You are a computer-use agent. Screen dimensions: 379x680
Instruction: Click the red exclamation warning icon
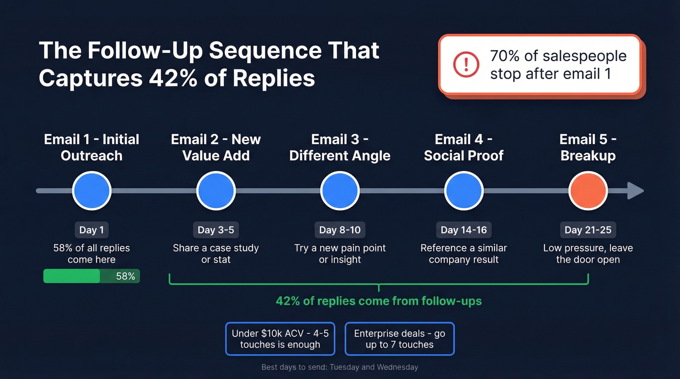pyautogui.click(x=466, y=65)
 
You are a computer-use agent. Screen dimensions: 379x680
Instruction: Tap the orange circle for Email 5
pyautogui.click(x=588, y=191)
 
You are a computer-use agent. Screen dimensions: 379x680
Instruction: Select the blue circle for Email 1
pyautogui.click(x=92, y=191)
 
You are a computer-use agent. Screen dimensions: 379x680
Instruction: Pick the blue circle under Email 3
pyautogui.click(x=340, y=191)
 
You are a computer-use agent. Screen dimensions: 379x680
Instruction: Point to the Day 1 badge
pyautogui.click(x=92, y=230)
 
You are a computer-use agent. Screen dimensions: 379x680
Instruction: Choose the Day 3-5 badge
pyautogui.click(x=216, y=230)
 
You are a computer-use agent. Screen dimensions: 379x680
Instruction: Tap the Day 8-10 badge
pyautogui.click(x=340, y=230)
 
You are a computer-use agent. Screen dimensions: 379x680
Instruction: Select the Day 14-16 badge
pyautogui.click(x=464, y=230)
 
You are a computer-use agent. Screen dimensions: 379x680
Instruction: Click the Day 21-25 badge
pyautogui.click(x=588, y=230)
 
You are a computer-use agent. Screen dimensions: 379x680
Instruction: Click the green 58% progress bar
pyautogui.click(x=92, y=276)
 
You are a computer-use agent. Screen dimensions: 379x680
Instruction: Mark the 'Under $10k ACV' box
pyautogui.click(x=280, y=339)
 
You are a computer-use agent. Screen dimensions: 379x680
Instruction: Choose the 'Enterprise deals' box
pyautogui.click(x=399, y=339)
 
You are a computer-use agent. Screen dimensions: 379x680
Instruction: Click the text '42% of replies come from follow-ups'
pyautogui.click(x=379, y=301)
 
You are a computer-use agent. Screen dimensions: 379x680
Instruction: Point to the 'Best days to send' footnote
pyautogui.click(x=340, y=367)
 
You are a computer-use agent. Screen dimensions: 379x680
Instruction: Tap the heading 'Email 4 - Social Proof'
pyautogui.click(x=464, y=148)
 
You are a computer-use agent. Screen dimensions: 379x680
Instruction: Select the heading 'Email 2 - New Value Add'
pyautogui.click(x=216, y=148)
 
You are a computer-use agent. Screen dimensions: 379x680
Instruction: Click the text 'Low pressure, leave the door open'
pyautogui.click(x=588, y=253)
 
